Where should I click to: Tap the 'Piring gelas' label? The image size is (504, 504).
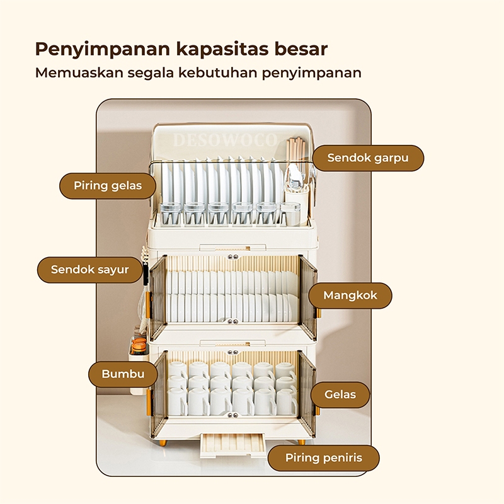(108, 186)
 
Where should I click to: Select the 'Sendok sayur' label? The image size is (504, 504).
(90, 270)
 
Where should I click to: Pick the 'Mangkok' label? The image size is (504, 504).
(349, 295)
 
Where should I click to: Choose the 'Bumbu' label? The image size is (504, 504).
(123, 374)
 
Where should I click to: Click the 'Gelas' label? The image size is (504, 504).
(340, 395)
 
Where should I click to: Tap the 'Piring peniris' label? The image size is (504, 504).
(324, 458)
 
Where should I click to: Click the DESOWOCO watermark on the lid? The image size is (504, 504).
(225, 140)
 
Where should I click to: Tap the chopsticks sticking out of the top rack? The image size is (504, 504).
(295, 151)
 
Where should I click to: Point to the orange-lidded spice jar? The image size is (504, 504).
(139, 345)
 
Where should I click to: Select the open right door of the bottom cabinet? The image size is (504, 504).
(307, 384)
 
